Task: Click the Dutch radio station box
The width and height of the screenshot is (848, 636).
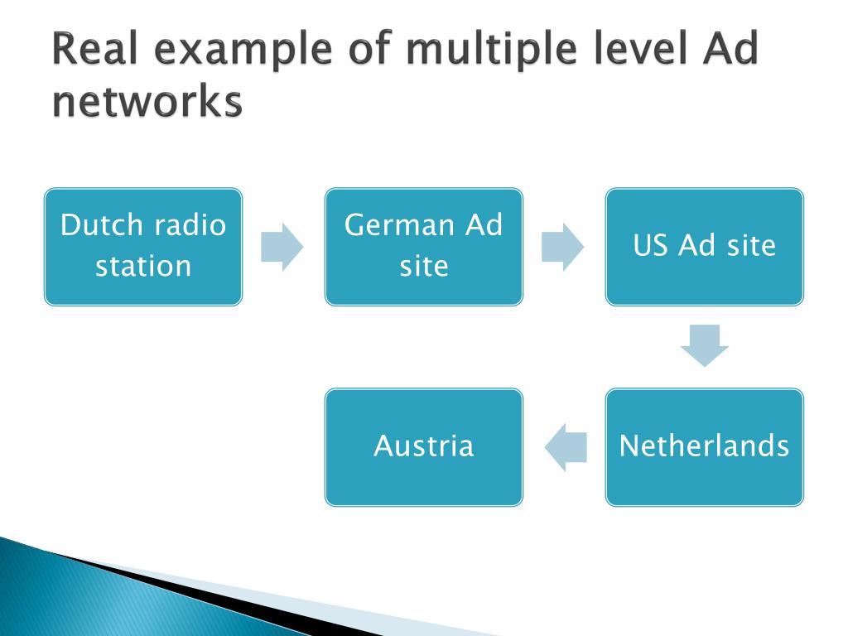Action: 142,247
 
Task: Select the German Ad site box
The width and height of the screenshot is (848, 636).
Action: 423,247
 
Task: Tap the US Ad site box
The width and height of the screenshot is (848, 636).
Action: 704,247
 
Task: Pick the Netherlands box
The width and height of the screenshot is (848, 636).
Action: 704,447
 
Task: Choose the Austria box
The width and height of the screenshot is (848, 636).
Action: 423,447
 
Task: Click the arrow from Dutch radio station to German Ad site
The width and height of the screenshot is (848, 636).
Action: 282,247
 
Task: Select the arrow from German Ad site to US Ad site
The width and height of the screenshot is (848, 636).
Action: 563,247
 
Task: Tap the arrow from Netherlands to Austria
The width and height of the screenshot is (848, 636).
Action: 565,447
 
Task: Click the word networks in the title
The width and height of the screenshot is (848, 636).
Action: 147,104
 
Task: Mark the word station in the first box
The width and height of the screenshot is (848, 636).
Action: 142,267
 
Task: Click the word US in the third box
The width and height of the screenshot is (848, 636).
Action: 652,246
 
